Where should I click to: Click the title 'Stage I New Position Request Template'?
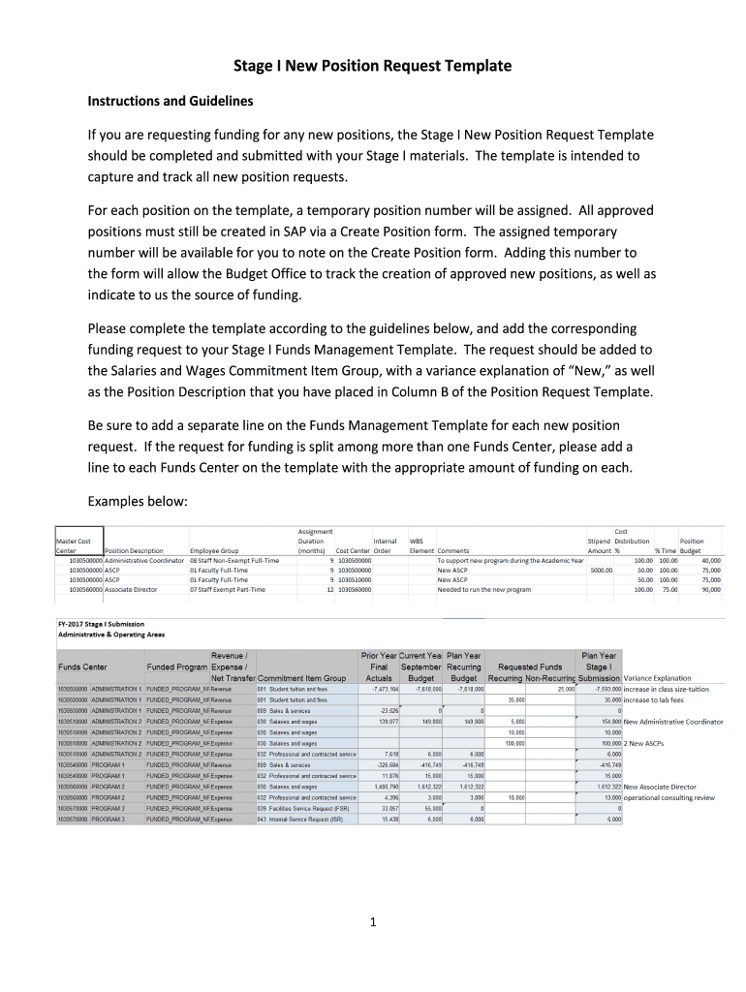[x=372, y=66]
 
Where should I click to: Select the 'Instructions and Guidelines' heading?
[x=170, y=101]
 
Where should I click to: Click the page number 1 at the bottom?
[x=372, y=922]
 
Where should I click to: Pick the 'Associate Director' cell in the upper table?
[x=131, y=589]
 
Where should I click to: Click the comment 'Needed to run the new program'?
[x=483, y=589]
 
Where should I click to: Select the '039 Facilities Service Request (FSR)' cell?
[x=301, y=808]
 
